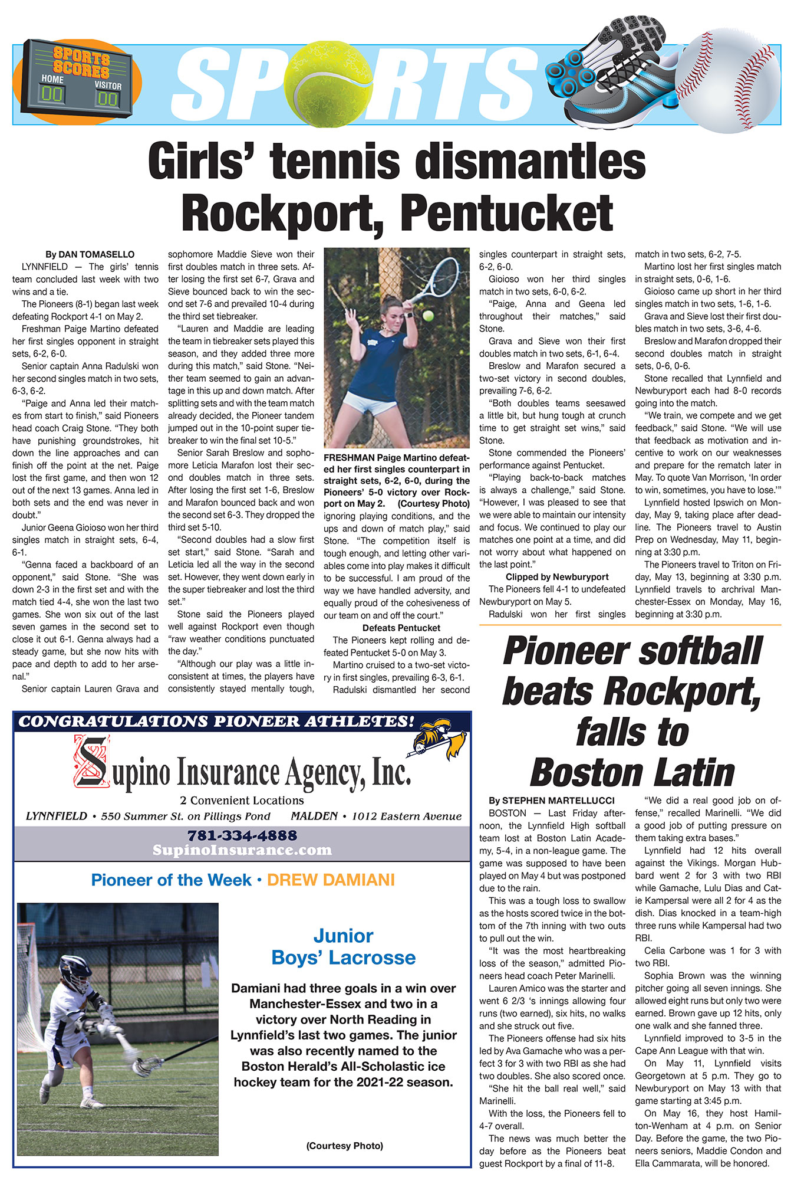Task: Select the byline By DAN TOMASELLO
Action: tap(90, 254)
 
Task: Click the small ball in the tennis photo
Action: tap(429, 316)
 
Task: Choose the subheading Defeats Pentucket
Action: tap(401, 628)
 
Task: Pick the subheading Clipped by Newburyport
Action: tap(557, 577)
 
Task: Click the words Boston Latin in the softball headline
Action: tap(632, 772)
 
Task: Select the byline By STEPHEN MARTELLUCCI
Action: tap(551, 801)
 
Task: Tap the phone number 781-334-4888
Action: tap(242, 835)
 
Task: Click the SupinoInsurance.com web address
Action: tap(242, 850)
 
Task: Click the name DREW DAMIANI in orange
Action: tap(331, 880)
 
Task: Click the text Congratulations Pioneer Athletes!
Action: tap(217, 722)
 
